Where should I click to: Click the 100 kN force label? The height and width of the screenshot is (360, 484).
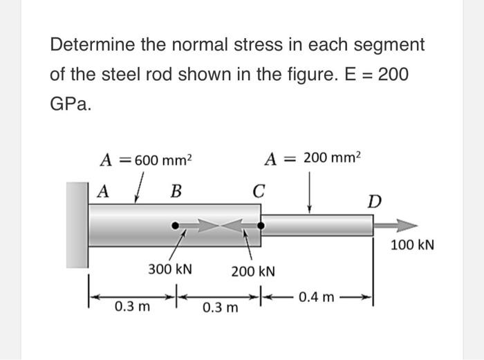412,245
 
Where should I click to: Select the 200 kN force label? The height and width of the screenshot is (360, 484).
253,272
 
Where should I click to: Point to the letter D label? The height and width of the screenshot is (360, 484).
374,202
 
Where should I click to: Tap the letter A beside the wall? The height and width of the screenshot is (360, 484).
102,190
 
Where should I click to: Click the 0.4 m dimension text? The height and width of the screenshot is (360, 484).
318,298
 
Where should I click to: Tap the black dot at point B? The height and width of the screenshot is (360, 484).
176,225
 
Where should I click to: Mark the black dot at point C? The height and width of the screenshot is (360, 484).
261,225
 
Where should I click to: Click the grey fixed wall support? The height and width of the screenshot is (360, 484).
78,225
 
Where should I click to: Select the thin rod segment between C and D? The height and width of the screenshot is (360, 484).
318,225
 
